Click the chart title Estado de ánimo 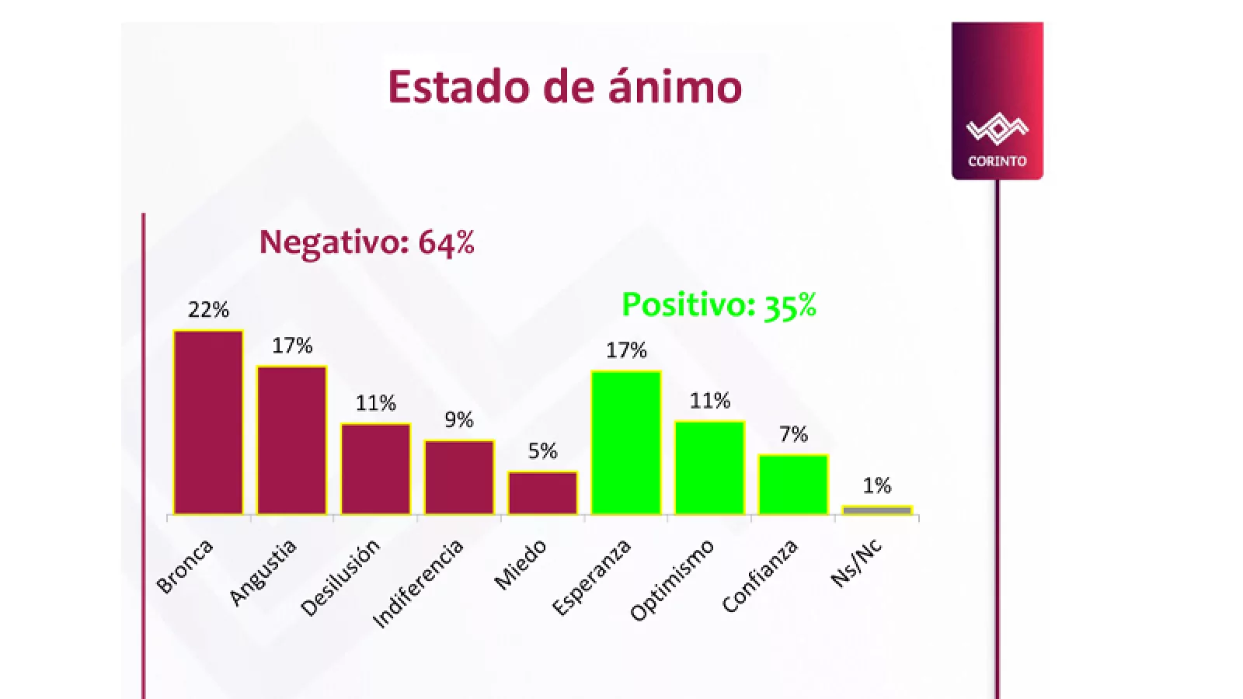point(565,86)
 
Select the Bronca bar point(208,422)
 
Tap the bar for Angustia point(292,440)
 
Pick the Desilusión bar point(376,468)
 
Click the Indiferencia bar point(459,477)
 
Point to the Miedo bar point(543,492)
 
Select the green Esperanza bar point(626,442)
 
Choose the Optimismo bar point(710,468)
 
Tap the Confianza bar point(793,484)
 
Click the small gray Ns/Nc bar point(877,510)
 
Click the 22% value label point(208,310)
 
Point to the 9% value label point(459,420)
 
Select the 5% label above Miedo point(543,451)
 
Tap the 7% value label point(793,434)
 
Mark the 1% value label point(877,486)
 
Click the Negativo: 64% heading point(367,242)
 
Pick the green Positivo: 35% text point(719,305)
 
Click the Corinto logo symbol point(998,129)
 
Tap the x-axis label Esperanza point(592,578)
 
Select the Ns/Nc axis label point(857,562)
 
